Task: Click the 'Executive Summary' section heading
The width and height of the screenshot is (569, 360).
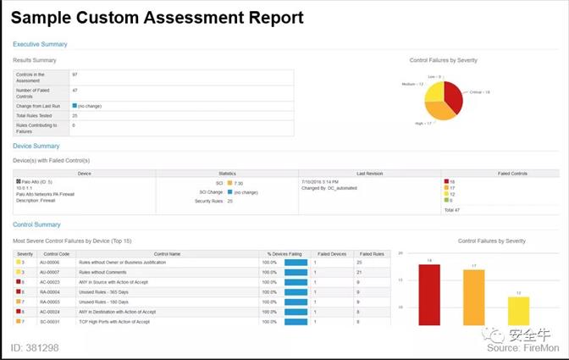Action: click(x=40, y=44)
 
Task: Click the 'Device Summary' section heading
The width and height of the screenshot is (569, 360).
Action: click(x=36, y=147)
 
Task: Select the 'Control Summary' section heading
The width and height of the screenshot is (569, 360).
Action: click(x=36, y=224)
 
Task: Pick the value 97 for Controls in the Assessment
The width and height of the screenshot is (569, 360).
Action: click(x=75, y=75)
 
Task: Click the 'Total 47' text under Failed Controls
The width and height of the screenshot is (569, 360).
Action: click(x=452, y=208)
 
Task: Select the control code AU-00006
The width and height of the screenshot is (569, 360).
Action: click(x=49, y=263)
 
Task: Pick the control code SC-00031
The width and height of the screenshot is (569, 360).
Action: click(x=49, y=322)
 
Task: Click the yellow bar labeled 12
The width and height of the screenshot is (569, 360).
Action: click(x=518, y=310)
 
